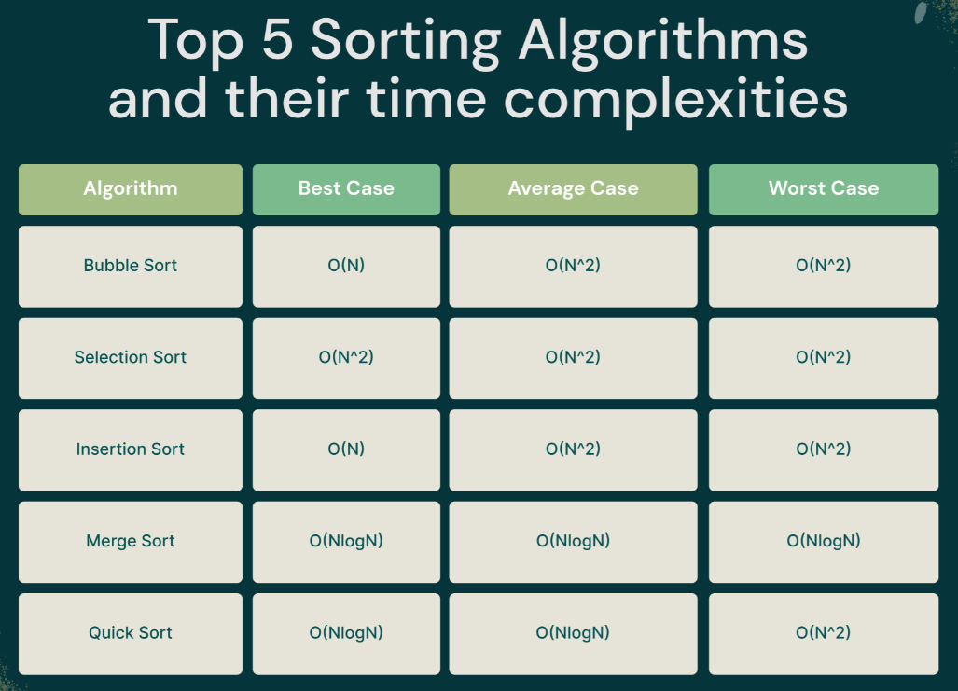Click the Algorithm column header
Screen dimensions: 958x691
(131, 189)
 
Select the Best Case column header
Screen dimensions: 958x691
(346, 189)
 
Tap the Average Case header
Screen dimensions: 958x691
(573, 189)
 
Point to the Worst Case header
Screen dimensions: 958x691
(824, 189)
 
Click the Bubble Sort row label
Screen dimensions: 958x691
(131, 267)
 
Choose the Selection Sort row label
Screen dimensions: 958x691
(131, 358)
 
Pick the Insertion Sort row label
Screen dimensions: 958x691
(131, 449)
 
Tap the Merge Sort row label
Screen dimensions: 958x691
(131, 542)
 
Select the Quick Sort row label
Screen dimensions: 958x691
(131, 633)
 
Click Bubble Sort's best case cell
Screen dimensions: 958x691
(346, 267)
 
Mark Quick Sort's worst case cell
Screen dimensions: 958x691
(824, 633)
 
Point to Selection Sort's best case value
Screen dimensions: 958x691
(346, 357)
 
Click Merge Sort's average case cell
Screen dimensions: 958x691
(573, 542)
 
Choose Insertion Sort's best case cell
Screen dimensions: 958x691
(346, 449)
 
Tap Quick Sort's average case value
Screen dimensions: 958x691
(573, 632)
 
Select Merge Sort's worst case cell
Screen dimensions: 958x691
(824, 542)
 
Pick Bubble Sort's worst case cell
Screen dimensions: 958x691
(824, 267)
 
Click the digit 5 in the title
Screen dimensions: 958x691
(277, 40)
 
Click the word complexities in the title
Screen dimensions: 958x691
(675, 100)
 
